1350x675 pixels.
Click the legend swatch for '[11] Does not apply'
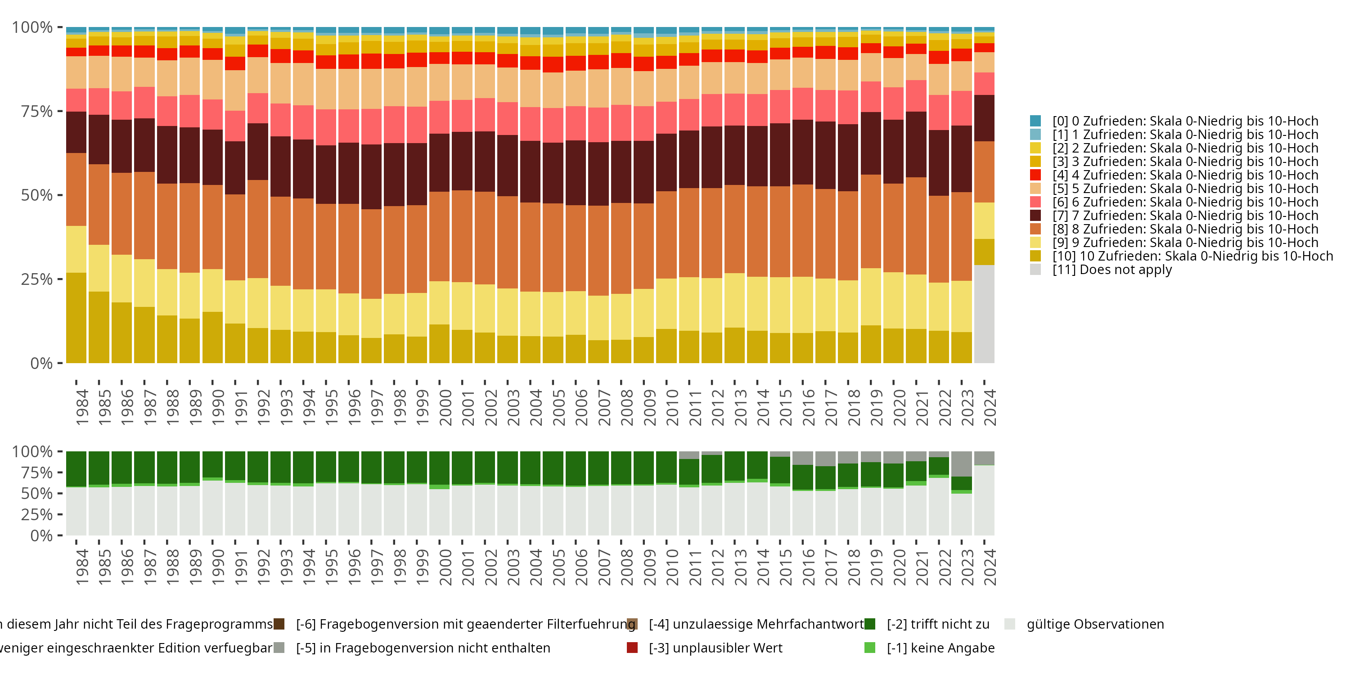tap(1035, 270)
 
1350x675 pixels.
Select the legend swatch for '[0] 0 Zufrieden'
tap(1035, 121)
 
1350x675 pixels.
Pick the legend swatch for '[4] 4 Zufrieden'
tap(1035, 175)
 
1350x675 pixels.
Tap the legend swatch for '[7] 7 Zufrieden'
tap(1035, 216)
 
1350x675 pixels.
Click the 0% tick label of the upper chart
tap(41, 363)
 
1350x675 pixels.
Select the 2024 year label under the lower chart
tap(990, 567)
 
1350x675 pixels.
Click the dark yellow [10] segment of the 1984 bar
tap(76, 318)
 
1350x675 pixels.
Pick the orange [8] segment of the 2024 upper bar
tap(984, 172)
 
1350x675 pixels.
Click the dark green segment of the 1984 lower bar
tap(76, 469)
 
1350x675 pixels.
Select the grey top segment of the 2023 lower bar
tap(962, 464)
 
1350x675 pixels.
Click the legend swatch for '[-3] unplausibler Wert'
tap(632, 648)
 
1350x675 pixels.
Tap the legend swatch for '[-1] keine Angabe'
tap(869, 648)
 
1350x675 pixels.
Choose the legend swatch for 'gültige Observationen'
tap(1009, 624)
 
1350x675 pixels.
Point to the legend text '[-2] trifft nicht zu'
tap(938, 624)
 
